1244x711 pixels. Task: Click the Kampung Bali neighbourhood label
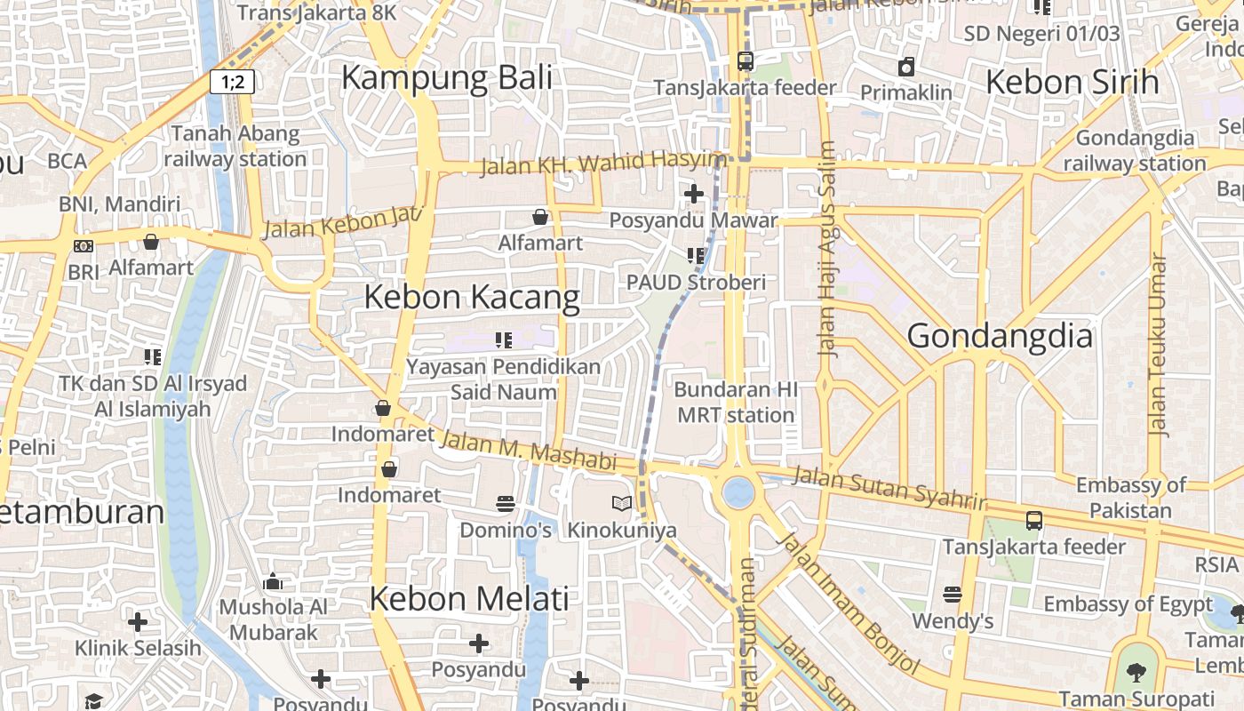pos(446,77)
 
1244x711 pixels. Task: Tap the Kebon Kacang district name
pos(472,297)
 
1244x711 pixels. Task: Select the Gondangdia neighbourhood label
pos(1000,337)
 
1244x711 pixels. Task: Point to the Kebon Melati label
pos(468,598)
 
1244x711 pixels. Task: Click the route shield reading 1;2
pos(233,83)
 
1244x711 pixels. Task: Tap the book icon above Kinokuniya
pos(622,504)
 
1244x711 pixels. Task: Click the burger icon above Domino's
pos(506,504)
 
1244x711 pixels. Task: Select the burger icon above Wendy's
pos(953,594)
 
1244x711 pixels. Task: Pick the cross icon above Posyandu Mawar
pos(693,193)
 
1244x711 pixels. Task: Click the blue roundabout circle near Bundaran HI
pos(738,491)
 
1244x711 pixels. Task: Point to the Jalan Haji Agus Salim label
pos(827,249)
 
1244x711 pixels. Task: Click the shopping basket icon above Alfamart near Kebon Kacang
pos(539,216)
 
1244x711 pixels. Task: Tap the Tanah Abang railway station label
pos(235,147)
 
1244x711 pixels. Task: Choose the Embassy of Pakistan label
pos(1130,498)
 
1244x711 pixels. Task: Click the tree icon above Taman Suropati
pos(1136,672)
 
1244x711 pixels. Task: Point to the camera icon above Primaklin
pos(906,67)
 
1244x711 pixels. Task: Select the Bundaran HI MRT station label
pos(736,402)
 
